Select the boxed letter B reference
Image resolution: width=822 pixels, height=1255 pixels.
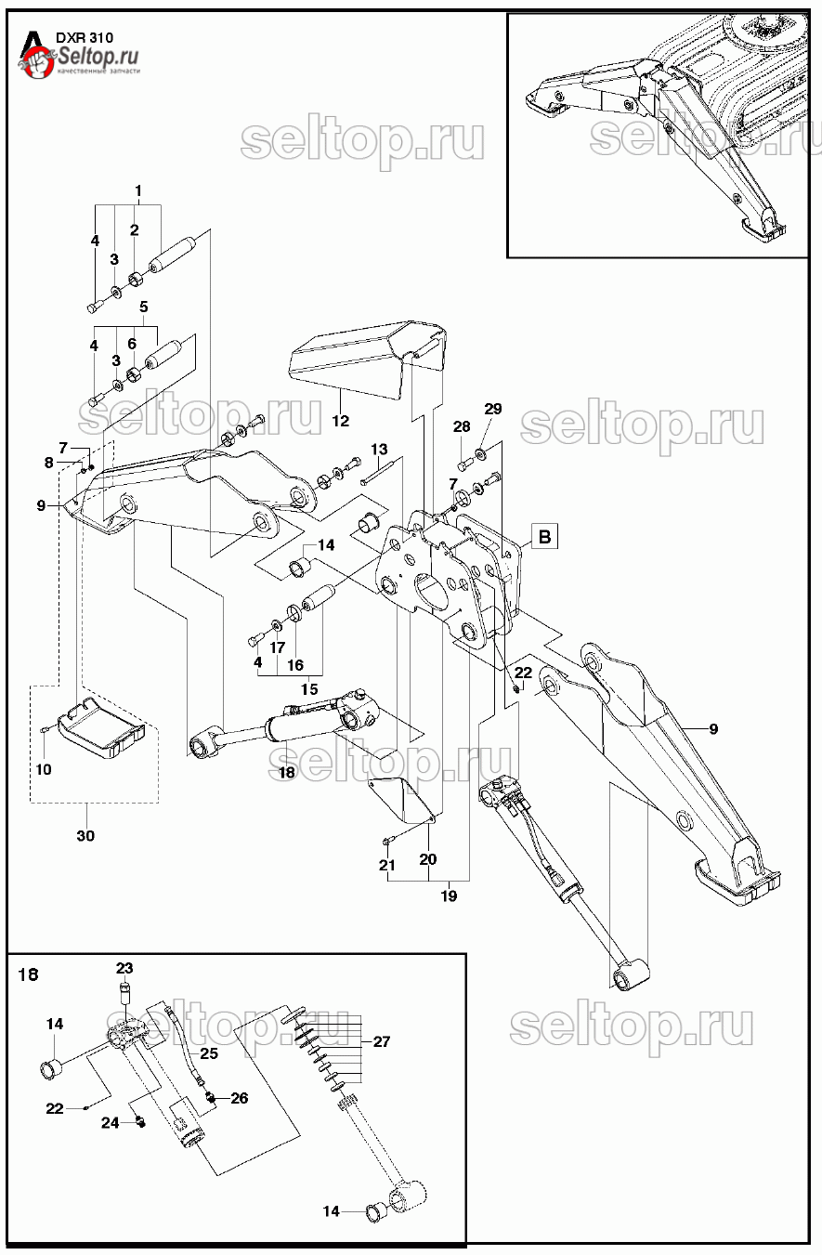click(x=544, y=536)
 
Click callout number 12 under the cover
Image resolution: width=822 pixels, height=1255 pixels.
click(x=340, y=421)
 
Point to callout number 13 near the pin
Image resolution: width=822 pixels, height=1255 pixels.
click(x=379, y=450)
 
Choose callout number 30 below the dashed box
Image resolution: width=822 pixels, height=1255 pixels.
click(x=85, y=836)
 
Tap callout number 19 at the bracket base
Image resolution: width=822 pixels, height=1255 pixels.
click(x=449, y=896)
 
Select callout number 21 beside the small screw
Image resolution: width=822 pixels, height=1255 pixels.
click(x=386, y=866)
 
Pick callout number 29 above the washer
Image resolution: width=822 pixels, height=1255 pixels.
click(x=492, y=409)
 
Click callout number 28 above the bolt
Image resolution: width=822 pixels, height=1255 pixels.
click(x=462, y=426)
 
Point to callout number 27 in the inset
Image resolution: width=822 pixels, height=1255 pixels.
click(x=381, y=1041)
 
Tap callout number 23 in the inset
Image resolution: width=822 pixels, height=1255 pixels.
click(x=124, y=967)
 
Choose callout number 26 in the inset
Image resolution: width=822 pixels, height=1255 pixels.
click(x=239, y=1097)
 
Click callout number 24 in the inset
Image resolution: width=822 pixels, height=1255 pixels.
click(x=111, y=1122)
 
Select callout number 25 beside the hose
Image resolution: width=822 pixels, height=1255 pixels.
click(x=209, y=1052)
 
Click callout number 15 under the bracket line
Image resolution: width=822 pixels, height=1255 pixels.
click(x=308, y=689)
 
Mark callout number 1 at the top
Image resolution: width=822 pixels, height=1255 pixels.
click(x=137, y=191)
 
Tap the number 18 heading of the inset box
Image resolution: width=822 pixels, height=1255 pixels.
click(x=29, y=974)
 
